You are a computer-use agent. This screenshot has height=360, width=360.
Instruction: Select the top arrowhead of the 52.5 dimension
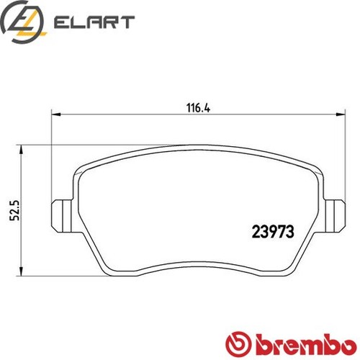pyautogui.click(x=27, y=150)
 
